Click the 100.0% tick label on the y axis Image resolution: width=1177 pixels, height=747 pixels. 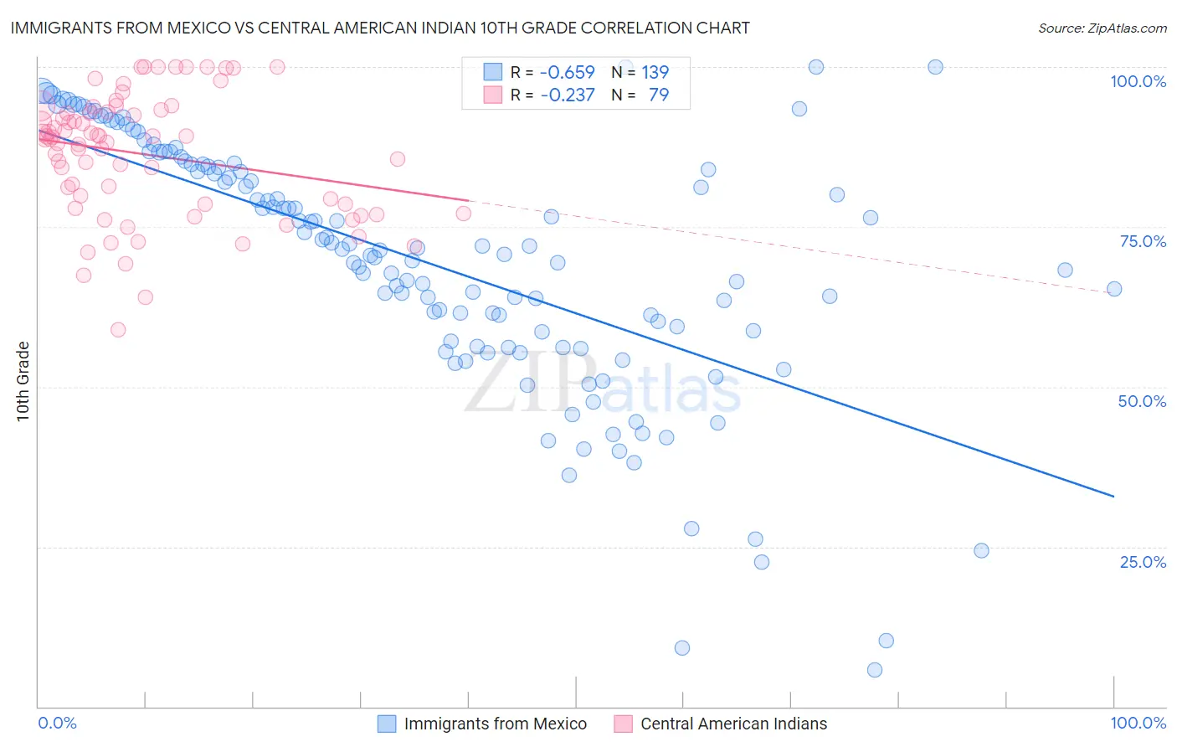(1138, 81)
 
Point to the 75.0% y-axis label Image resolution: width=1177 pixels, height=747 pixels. (1143, 241)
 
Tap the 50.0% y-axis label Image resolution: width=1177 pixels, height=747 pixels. (1142, 401)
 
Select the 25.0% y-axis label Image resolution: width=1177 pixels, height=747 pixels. (1143, 562)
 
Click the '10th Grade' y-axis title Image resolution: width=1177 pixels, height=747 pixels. (23, 381)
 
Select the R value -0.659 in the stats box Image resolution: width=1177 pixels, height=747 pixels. (567, 72)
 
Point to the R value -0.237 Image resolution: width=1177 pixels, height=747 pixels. (567, 95)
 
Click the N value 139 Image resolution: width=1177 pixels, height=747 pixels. (655, 72)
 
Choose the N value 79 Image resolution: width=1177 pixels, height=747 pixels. (659, 95)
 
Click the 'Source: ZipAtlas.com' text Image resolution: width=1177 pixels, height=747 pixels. (1102, 28)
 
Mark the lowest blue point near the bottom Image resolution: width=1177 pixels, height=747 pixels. (875, 670)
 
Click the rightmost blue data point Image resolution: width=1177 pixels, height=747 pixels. (1114, 289)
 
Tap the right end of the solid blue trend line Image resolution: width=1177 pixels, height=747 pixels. (1114, 497)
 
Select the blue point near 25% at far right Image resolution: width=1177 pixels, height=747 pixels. (982, 551)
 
